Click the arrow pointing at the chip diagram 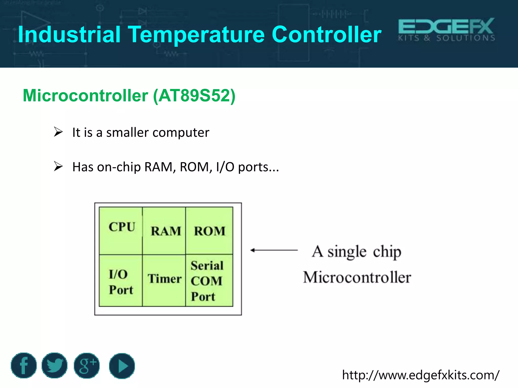[x=274, y=250]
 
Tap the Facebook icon [x=24, y=366]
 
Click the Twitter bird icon [x=55, y=366]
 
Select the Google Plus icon [x=87, y=366]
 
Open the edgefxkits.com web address [x=421, y=375]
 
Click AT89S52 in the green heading [x=193, y=96]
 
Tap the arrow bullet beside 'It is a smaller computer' [x=58, y=132]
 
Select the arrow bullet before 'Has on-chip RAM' [x=58, y=166]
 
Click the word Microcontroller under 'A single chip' [x=357, y=277]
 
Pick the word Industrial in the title [x=69, y=35]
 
